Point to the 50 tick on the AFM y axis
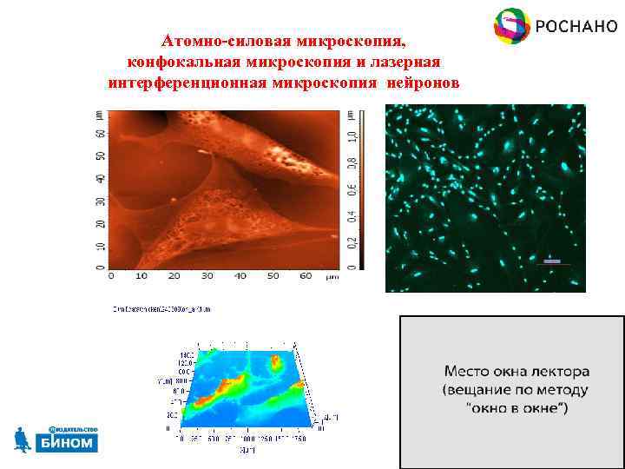[x=101, y=156]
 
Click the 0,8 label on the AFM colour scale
[x=350, y=162]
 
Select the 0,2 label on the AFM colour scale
[x=350, y=235]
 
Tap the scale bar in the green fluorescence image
[x=552, y=261]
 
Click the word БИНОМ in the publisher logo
[x=67, y=443]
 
